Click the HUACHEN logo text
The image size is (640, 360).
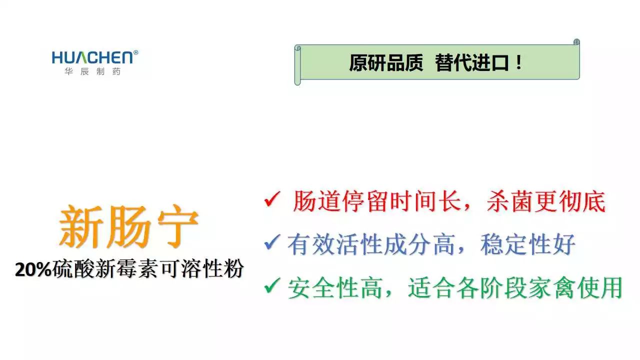pyautogui.click(x=92, y=57)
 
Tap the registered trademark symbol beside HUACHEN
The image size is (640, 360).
pyautogui.click(x=135, y=52)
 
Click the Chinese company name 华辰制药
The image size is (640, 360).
pyautogui.click(x=92, y=71)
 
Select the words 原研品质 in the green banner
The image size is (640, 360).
pyautogui.click(x=386, y=63)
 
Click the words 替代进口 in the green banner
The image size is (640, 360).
pyautogui.click(x=471, y=63)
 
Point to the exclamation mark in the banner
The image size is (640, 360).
pyautogui.click(x=519, y=62)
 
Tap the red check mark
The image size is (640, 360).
pyautogui.click(x=272, y=199)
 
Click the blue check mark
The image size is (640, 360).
pyautogui.click(x=272, y=242)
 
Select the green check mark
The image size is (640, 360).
pyautogui.click(x=272, y=285)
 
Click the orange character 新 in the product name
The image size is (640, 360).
pyautogui.click(x=81, y=226)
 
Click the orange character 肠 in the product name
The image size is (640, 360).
pyautogui.click(x=129, y=226)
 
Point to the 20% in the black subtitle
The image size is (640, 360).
pyautogui.click(x=33, y=269)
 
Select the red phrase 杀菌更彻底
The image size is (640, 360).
pyautogui.click(x=546, y=201)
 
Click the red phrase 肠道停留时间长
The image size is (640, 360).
pyautogui.click(x=377, y=201)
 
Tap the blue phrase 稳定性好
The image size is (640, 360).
pyautogui.click(x=527, y=244)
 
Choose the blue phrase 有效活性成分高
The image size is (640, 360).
pyautogui.click(x=371, y=244)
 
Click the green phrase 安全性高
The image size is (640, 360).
pyautogui.click(x=335, y=288)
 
